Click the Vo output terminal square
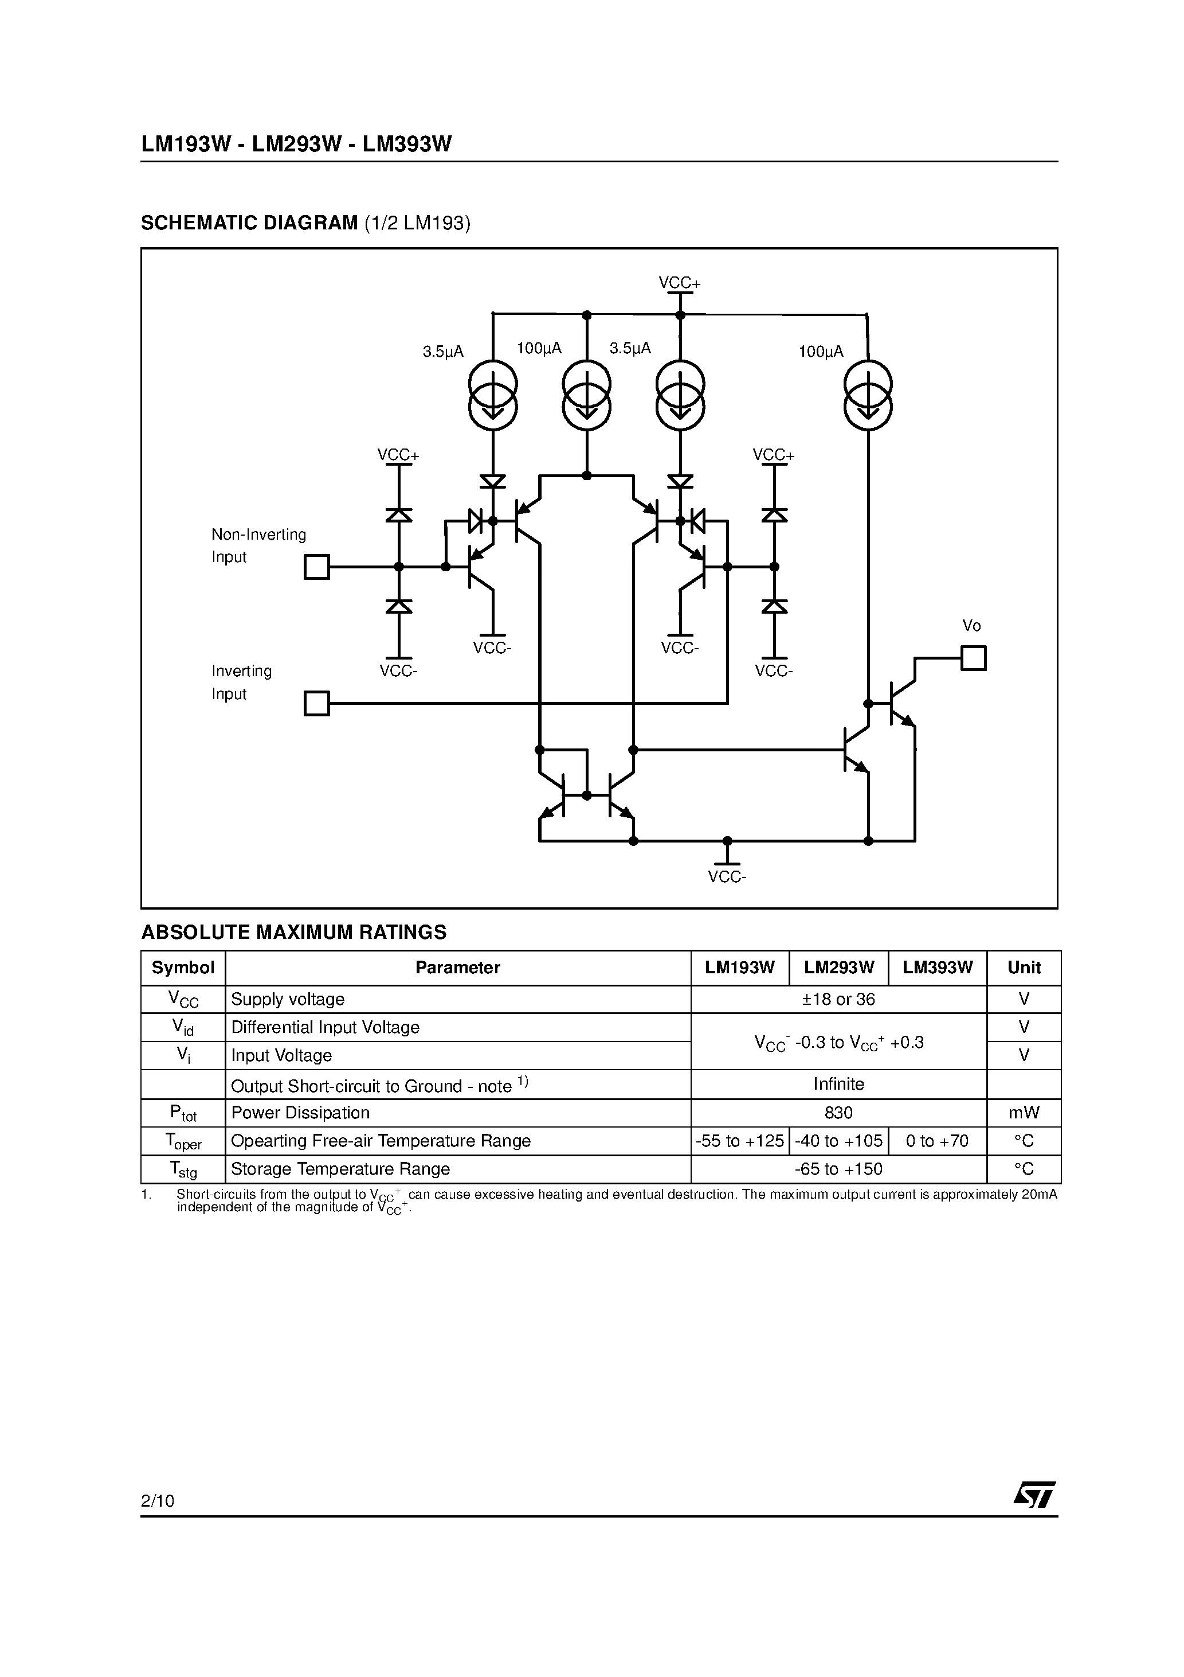tap(973, 658)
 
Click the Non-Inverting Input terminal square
tap(317, 567)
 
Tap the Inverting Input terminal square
tap(317, 703)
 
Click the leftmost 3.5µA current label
tap(443, 352)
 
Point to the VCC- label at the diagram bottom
tap(727, 876)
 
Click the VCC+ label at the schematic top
tap(680, 283)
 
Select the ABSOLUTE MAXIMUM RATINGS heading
tap(293, 932)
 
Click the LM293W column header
tap(839, 968)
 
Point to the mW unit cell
tap(1024, 1113)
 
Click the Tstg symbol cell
tap(183, 1169)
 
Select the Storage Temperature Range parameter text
tap(340, 1169)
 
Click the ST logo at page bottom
tap(1034, 1495)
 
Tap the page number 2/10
tap(158, 1501)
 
